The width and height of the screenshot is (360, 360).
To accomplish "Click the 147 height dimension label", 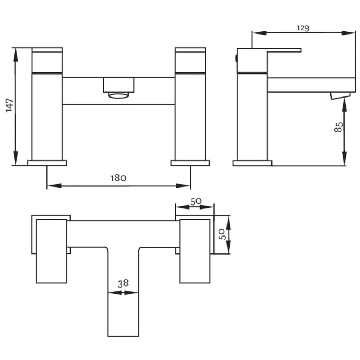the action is [x=9, y=105].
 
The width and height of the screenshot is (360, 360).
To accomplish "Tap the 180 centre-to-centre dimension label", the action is [x=118, y=178].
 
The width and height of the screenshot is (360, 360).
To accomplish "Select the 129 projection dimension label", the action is [x=303, y=28].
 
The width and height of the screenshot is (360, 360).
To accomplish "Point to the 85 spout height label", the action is [x=339, y=127].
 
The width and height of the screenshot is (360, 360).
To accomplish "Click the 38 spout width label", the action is [x=123, y=284].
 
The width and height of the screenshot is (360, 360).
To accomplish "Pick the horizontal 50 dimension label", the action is [x=196, y=202].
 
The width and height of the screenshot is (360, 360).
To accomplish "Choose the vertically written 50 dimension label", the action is [x=222, y=234].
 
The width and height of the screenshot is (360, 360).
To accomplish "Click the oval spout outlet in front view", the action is [x=118, y=95].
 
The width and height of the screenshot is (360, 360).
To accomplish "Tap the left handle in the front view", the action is [x=47, y=60].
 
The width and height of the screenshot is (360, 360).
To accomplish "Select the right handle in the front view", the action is [x=190, y=60].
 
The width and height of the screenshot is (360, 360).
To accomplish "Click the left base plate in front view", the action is [x=47, y=163].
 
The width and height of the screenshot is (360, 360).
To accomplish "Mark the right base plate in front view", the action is [x=190, y=163].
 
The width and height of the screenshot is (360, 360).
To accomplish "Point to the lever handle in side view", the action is [x=269, y=60].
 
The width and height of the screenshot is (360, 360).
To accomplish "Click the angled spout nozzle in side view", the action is [x=340, y=96].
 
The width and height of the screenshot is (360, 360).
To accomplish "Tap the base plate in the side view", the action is [x=252, y=163].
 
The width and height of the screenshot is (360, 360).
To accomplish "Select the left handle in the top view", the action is [x=51, y=251].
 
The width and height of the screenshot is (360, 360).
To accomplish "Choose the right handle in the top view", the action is [x=195, y=251].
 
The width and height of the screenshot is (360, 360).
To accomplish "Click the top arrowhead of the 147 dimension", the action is [x=15, y=55].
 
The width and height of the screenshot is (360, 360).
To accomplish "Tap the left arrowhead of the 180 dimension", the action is [x=54, y=185].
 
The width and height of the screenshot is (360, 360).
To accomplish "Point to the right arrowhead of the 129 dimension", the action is [x=348, y=33].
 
